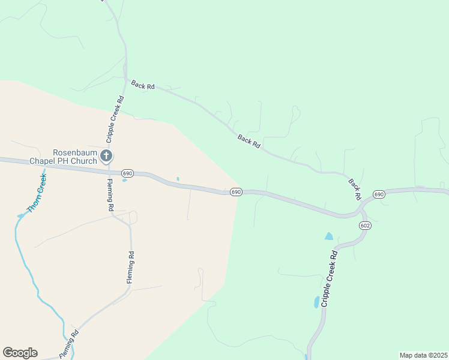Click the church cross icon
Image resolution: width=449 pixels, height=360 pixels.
point(106,157)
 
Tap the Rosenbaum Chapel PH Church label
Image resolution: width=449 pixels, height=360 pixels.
point(74,157)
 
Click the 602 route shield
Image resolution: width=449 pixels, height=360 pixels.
point(366,225)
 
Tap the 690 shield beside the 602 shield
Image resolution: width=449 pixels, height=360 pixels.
point(379,194)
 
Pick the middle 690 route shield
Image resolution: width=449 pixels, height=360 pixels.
point(235,192)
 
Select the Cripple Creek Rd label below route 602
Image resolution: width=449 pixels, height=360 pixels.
point(330,278)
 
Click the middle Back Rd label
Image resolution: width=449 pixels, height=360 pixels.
point(249,142)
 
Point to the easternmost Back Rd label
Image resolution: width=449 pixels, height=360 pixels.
point(354,188)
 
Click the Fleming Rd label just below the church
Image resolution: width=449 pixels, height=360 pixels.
point(110,194)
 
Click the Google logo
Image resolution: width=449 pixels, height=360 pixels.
point(20,353)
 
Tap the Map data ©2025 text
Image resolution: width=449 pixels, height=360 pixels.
point(423,355)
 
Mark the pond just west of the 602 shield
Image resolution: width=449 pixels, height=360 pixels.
point(328,236)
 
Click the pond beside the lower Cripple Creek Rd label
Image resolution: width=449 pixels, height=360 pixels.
point(316,302)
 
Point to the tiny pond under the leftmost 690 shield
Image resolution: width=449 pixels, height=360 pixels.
point(124,180)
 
